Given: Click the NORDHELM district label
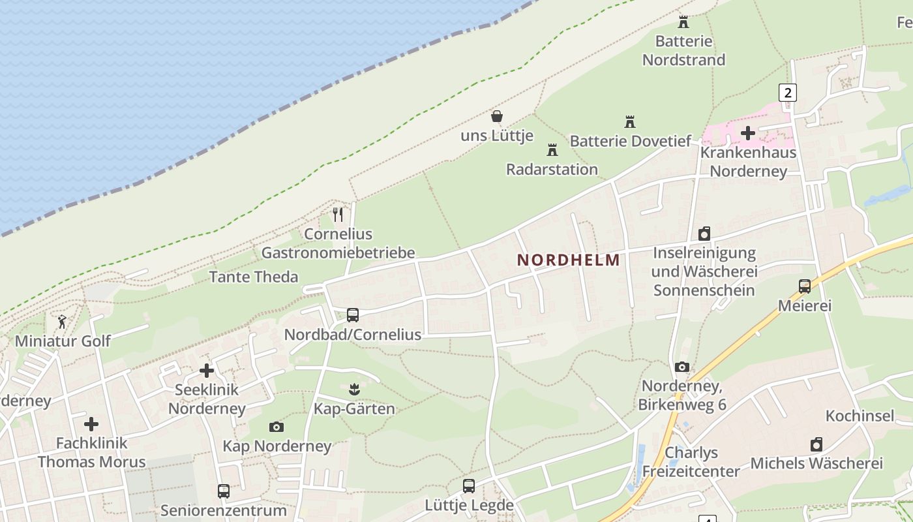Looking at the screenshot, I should point(568,260).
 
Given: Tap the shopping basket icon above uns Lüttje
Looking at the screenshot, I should point(497,117).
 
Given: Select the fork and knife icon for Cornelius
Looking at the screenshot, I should point(338,215).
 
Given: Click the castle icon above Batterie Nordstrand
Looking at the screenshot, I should point(683,22).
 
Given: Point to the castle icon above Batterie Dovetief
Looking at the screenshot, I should point(630,122).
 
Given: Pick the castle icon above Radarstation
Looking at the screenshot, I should point(552,150).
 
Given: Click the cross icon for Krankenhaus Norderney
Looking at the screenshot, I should point(748,133).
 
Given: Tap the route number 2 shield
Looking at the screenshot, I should point(788,93).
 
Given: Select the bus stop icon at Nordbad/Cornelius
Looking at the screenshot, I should point(353,315).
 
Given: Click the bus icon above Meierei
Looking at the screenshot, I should point(805,286).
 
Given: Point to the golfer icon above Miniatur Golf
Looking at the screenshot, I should point(63,322).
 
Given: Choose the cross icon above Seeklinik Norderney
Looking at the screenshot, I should point(207,371).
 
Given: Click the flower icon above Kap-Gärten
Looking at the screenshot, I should point(354,390).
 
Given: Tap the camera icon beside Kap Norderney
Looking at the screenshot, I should point(277,427).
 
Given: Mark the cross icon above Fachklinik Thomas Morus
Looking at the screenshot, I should point(91,424).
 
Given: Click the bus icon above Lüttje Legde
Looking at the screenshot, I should point(469,486).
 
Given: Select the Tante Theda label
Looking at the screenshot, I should point(254,277).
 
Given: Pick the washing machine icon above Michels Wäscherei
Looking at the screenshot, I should point(816,445).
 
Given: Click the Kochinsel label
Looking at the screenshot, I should point(860,416).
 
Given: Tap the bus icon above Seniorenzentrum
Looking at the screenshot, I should point(224,491).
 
